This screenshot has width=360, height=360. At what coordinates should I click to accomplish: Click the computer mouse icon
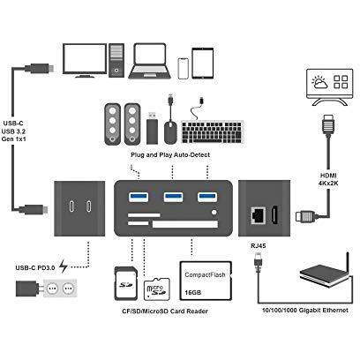point(169,131)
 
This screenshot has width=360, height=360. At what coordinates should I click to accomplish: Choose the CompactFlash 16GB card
point(205,281)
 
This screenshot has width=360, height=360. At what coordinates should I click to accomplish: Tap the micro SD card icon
point(155,285)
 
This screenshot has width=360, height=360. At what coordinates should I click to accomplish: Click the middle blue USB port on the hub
point(170,195)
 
